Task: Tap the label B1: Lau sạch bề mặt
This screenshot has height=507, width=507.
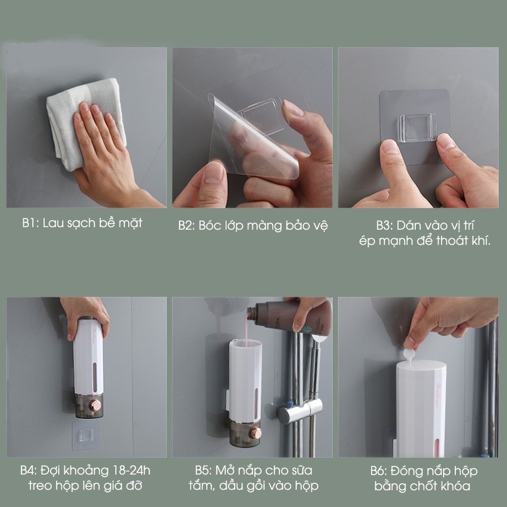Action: [82, 223]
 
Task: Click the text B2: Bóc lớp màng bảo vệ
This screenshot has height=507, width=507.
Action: [253, 226]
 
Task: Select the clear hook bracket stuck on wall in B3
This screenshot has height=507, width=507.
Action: [418, 128]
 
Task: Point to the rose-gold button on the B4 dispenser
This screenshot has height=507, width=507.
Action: [95, 405]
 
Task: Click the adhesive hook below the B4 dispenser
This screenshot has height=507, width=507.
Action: [86, 435]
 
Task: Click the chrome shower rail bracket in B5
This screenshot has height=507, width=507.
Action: [300, 411]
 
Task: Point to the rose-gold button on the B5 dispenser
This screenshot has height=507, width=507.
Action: [256, 433]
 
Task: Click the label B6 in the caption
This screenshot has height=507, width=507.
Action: [379, 471]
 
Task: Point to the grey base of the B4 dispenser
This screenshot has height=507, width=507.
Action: [88, 406]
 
